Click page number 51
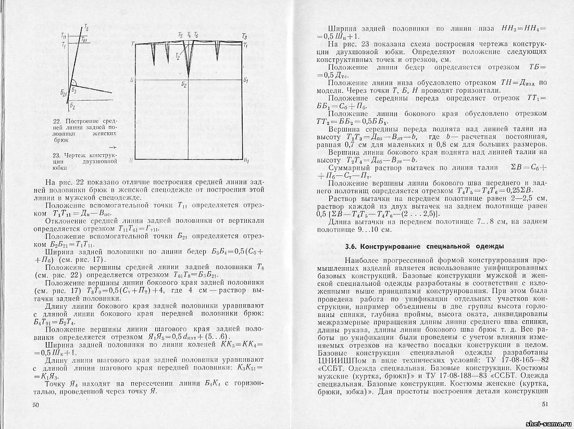(x=545, y=404)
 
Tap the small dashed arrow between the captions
(x=113, y=148)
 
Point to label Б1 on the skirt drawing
(x=245, y=80)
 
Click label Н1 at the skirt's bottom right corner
(x=245, y=160)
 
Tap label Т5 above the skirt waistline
(x=180, y=35)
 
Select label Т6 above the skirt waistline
(x=195, y=35)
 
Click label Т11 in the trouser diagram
(x=64, y=36)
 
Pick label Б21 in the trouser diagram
(x=64, y=92)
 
